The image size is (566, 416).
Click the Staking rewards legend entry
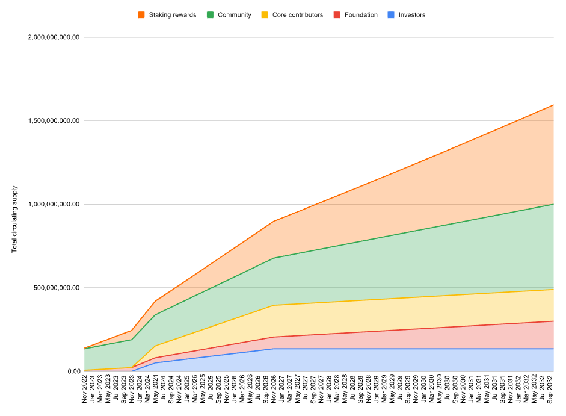[x=172, y=15]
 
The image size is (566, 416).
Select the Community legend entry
[x=234, y=15]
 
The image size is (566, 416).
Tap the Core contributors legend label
[x=297, y=15]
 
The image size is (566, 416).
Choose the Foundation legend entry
[x=361, y=15]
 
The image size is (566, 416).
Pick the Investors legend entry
[x=411, y=15]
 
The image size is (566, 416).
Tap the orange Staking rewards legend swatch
[x=141, y=15]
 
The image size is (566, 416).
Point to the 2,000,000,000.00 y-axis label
[x=54, y=37]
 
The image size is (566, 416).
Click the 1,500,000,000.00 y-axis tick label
[x=54, y=121]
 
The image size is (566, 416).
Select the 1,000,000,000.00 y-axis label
[x=54, y=205]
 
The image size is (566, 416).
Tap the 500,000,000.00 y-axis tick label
[x=58, y=288]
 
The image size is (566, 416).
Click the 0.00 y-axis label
[x=73, y=371]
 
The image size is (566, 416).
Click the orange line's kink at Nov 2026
[x=274, y=222]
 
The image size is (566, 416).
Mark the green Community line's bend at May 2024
[x=155, y=315]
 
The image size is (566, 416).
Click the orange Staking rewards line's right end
[x=553, y=105]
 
